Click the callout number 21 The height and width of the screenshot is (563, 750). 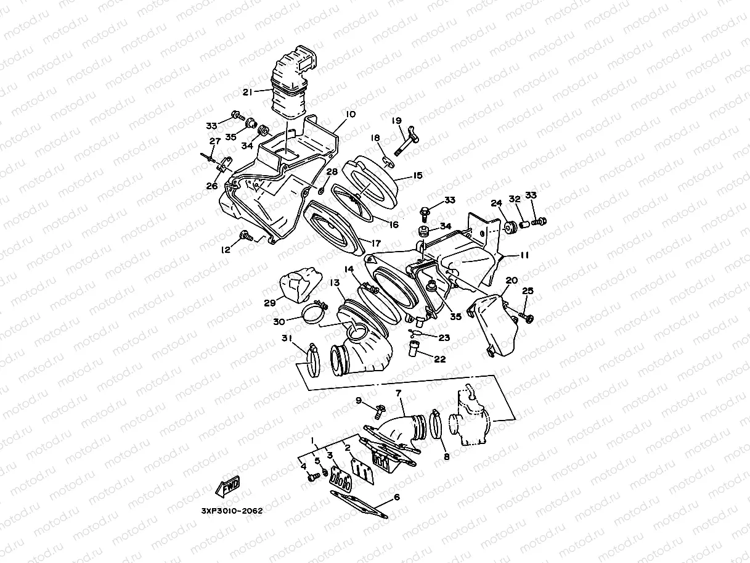247,92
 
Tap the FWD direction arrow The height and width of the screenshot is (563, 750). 228,485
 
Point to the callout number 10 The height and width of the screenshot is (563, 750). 351,115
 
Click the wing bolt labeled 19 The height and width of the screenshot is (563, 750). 406,142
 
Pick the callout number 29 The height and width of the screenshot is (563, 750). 269,303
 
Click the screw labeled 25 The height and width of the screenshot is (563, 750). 527,316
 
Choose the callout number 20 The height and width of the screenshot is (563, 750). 511,281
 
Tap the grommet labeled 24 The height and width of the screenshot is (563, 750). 510,228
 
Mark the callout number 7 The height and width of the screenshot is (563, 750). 398,392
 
